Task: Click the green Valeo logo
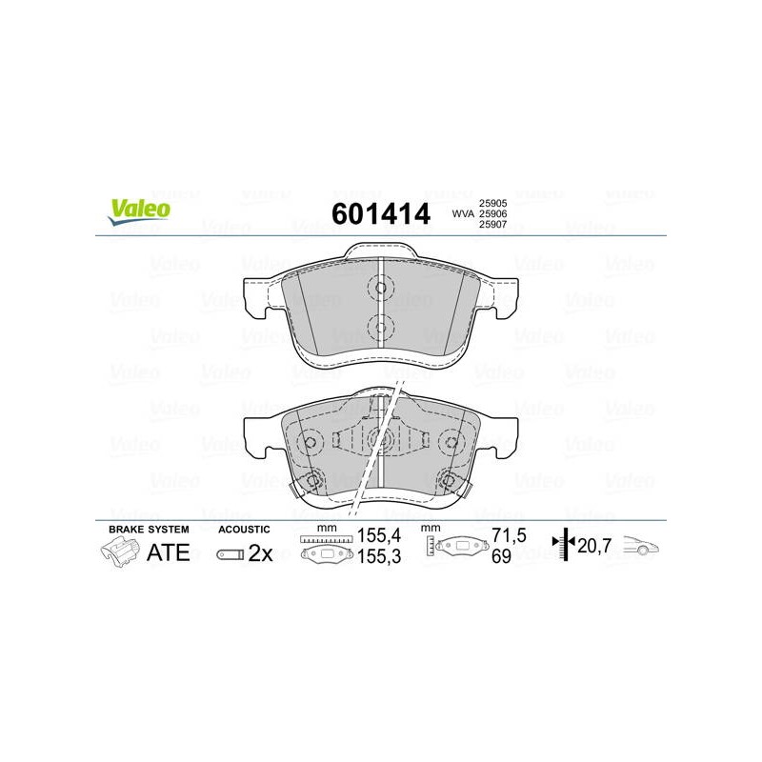point(139,211)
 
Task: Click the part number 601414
point(381,213)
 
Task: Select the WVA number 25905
point(492,203)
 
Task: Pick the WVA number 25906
point(492,213)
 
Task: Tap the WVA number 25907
point(492,225)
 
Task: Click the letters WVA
point(463,213)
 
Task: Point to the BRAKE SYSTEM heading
point(149,530)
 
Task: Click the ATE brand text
point(169,553)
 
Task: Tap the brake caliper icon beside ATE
point(119,553)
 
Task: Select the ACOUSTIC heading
point(244,530)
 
